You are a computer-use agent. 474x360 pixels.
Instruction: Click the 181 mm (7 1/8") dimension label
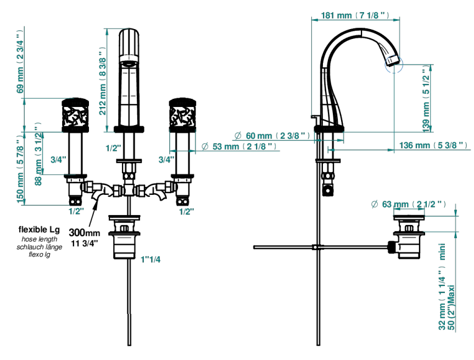coord(355,15)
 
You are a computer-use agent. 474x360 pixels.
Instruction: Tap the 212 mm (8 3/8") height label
coord(103,81)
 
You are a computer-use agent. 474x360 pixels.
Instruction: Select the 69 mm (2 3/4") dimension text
coord(20,61)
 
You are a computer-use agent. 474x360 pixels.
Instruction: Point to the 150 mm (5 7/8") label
coord(20,171)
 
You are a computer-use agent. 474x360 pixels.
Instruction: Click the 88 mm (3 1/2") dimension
coord(38,154)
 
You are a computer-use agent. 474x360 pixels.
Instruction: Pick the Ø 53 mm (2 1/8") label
coord(239,147)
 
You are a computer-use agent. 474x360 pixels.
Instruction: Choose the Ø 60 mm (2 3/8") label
coord(272,136)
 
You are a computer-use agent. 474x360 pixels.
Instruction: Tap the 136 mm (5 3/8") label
coord(433,145)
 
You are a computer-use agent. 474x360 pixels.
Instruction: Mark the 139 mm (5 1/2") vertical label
coord(426,100)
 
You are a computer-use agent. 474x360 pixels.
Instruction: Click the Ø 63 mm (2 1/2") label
coord(409,205)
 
